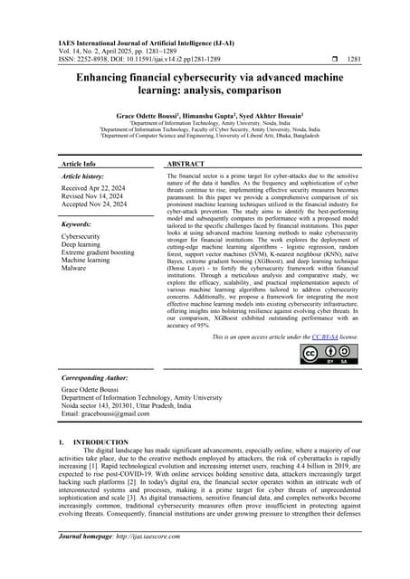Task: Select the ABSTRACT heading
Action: tap(186, 164)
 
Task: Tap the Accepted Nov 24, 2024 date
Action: tap(98, 205)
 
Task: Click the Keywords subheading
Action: tap(80, 223)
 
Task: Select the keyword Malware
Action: tap(75, 269)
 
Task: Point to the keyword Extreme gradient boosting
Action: tap(97, 252)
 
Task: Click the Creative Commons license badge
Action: tap(330, 356)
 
